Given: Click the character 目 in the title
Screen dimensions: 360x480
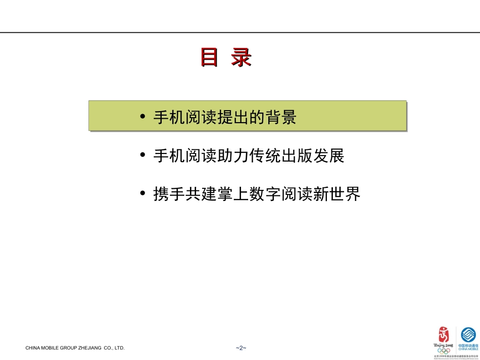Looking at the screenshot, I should [209, 58].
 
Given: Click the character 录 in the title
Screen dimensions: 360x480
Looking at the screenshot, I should [241, 58].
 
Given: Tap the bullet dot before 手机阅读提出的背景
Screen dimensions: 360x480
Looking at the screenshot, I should [143, 117].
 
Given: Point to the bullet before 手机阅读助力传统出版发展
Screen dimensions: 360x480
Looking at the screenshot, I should [143, 156].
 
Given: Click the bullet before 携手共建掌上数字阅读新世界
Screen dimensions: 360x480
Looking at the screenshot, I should [143, 194].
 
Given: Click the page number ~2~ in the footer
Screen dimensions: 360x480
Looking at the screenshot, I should [240, 348].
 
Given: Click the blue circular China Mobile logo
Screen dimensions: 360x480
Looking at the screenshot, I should [468, 335].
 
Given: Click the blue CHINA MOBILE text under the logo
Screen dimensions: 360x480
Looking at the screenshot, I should [468, 348].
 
